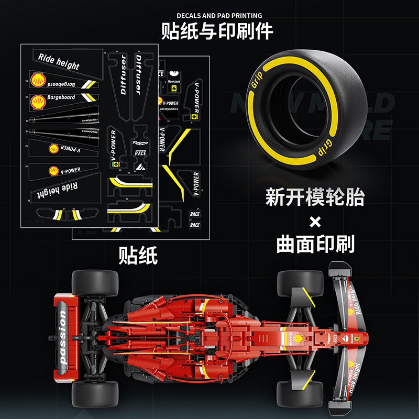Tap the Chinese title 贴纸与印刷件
coord(217,31)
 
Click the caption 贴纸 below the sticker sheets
coord(138,255)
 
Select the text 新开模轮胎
coord(314,198)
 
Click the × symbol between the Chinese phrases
coord(315,222)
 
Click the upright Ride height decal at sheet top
coord(59,61)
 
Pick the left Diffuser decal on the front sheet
coord(124,74)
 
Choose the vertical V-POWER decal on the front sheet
coord(112,148)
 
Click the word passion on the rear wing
coord(63,335)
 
